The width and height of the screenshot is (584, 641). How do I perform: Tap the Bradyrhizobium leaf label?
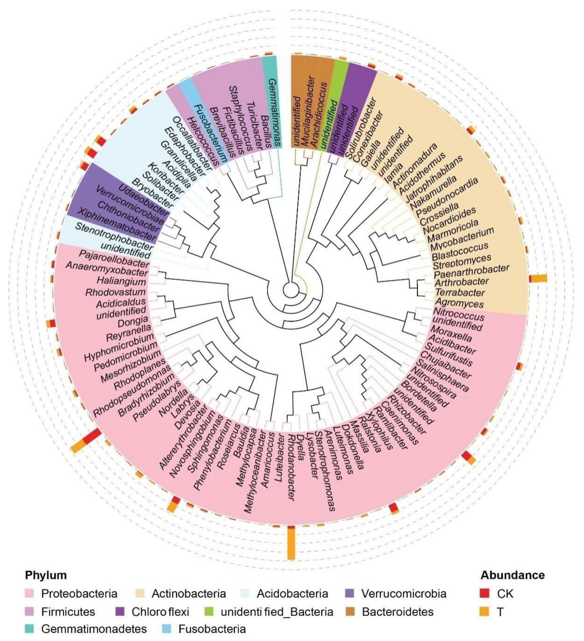coord(145,395)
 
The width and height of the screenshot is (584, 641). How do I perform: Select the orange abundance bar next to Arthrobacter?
coord(539,278)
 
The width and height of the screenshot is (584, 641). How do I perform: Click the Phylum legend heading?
coord(46,575)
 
